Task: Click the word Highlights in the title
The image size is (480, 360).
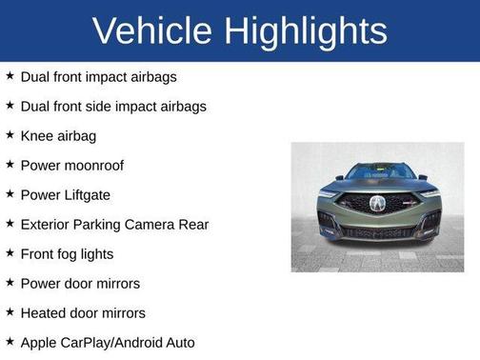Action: coord(308,31)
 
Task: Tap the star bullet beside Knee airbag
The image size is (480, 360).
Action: coord(10,135)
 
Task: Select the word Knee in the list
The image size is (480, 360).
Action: coord(37,136)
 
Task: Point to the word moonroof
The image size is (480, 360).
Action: coord(93,166)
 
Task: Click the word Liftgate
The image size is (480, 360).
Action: coord(85,195)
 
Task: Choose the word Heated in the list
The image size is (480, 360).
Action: coord(44,312)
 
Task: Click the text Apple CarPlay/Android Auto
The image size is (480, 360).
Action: coord(107,342)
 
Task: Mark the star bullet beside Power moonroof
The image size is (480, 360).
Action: coord(10,165)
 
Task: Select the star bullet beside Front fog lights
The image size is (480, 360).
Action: coord(10,253)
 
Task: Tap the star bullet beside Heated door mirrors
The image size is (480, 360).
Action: coord(10,311)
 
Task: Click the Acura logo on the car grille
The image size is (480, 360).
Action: coord(377,203)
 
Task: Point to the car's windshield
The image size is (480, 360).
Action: coord(378,172)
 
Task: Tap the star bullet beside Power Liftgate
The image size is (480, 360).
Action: coord(10,194)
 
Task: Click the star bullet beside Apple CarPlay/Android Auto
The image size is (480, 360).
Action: coord(10,341)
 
